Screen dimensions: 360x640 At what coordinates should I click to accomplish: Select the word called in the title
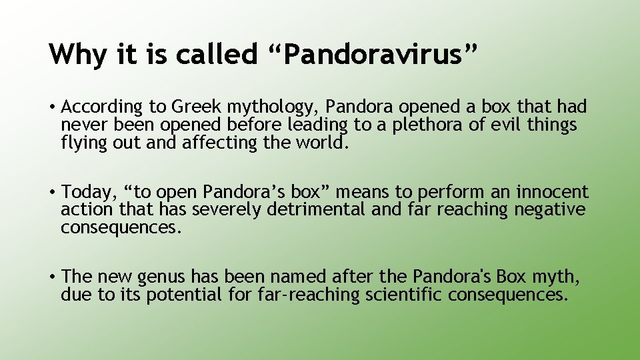(x=217, y=55)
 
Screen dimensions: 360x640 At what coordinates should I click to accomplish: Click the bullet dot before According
(x=52, y=107)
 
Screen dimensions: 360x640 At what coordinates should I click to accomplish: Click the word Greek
(x=196, y=107)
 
